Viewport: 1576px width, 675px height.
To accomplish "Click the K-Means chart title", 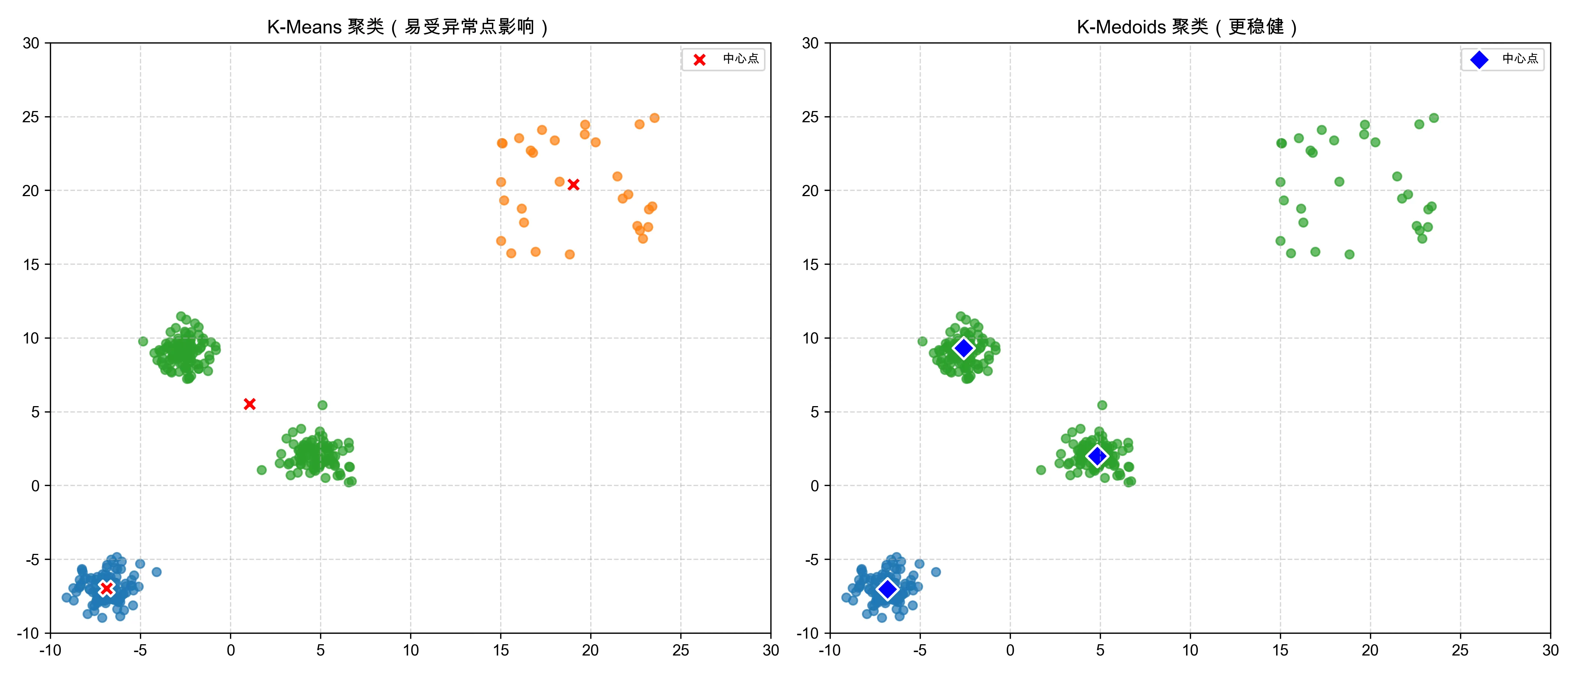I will pyautogui.click(x=408, y=27).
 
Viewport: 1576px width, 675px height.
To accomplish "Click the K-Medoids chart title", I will pyautogui.click(x=1187, y=27).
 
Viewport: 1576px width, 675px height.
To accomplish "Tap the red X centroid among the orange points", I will pyautogui.click(x=573, y=184).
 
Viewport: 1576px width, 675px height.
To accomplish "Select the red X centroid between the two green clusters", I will pyautogui.click(x=250, y=404).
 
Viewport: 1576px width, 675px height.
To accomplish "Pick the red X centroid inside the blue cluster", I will pyautogui.click(x=107, y=588).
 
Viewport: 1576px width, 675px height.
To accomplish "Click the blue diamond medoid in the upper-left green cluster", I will pyautogui.click(x=964, y=348).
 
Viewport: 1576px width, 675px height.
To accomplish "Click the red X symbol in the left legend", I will pyautogui.click(x=699, y=59).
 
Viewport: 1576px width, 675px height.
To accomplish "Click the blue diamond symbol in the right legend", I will pyautogui.click(x=1479, y=59).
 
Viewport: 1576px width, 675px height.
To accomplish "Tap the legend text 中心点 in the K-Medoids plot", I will pyautogui.click(x=1520, y=59).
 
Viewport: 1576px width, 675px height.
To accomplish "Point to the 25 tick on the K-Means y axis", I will pyautogui.click(x=31, y=117).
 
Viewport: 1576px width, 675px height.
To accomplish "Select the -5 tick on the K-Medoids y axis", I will pyautogui.click(x=810, y=560).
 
